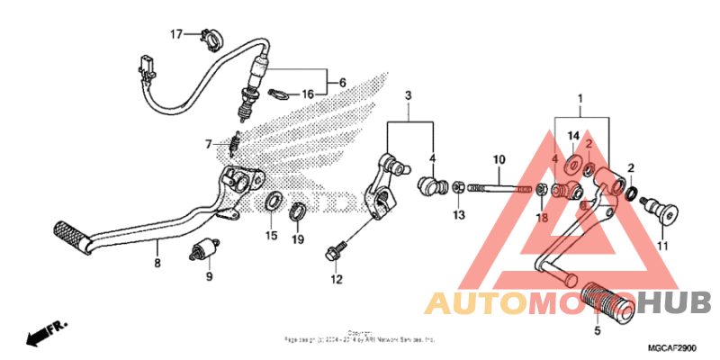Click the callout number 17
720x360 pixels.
pos(176,34)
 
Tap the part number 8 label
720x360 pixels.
pos(157,264)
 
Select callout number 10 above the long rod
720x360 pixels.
pos(498,160)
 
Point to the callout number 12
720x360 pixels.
pos(336,280)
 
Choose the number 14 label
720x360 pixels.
pos(571,136)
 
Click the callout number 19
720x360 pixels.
pos(297,239)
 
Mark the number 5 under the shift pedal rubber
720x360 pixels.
pos(598,330)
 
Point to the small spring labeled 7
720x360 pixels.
pos(237,142)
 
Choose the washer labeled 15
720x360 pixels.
pos(272,202)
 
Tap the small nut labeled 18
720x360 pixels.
pos(544,189)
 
